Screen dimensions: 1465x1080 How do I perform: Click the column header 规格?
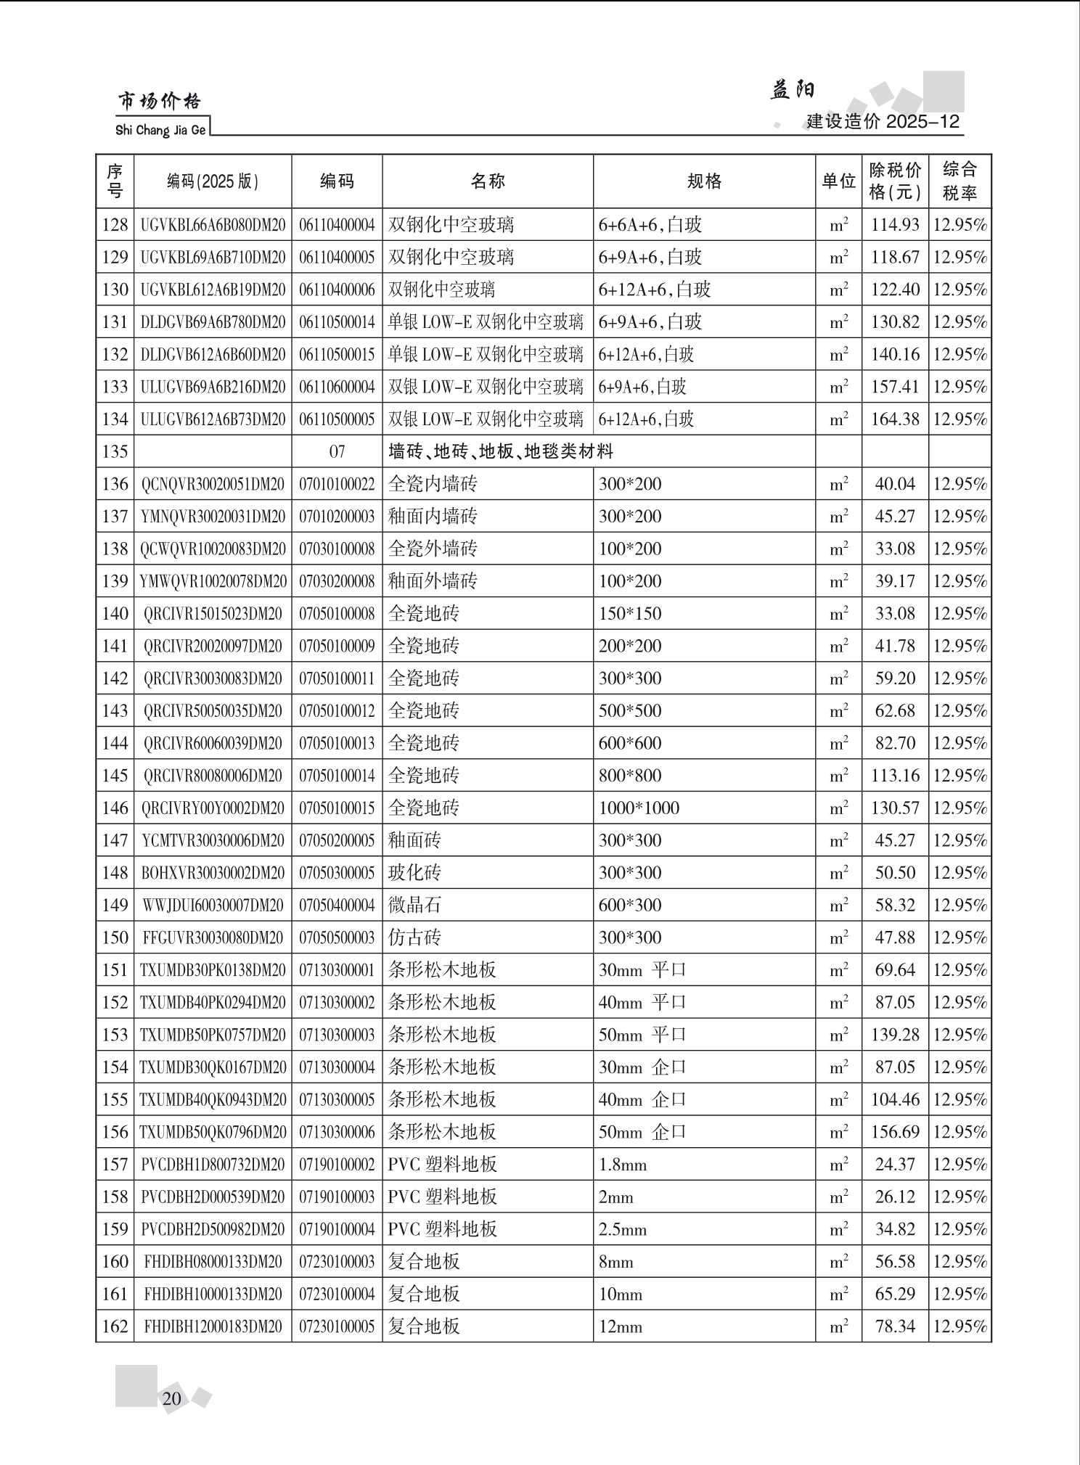click(704, 181)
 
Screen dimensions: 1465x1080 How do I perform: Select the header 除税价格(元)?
click(895, 181)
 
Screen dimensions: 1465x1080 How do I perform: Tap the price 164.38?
click(895, 419)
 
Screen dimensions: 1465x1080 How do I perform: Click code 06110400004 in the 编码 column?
click(337, 225)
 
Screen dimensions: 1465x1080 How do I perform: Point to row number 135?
click(115, 452)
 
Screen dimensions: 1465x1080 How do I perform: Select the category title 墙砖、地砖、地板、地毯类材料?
click(501, 452)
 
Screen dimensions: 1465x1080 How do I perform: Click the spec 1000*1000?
click(639, 808)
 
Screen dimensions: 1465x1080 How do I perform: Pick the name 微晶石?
click(414, 906)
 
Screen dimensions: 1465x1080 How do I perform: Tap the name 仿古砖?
click(414, 937)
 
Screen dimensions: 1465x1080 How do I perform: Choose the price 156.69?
click(895, 1132)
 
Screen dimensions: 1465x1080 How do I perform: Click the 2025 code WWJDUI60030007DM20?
click(213, 906)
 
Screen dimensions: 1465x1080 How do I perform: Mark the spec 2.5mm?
click(622, 1230)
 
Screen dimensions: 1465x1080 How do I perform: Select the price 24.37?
click(895, 1165)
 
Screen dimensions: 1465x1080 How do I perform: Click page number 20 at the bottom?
click(172, 1399)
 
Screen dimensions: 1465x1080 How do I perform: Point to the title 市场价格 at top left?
click(159, 102)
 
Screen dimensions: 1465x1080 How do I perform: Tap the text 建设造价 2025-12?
click(883, 122)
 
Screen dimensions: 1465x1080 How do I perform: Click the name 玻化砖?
click(414, 873)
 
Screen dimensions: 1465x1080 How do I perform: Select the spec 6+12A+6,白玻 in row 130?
click(654, 290)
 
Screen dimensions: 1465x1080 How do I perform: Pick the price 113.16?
click(895, 776)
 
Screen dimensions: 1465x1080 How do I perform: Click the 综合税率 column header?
click(960, 181)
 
